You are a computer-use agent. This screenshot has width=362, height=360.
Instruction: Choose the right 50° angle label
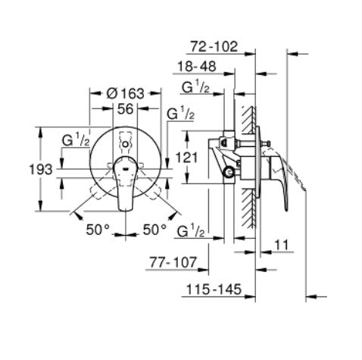(154, 228)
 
